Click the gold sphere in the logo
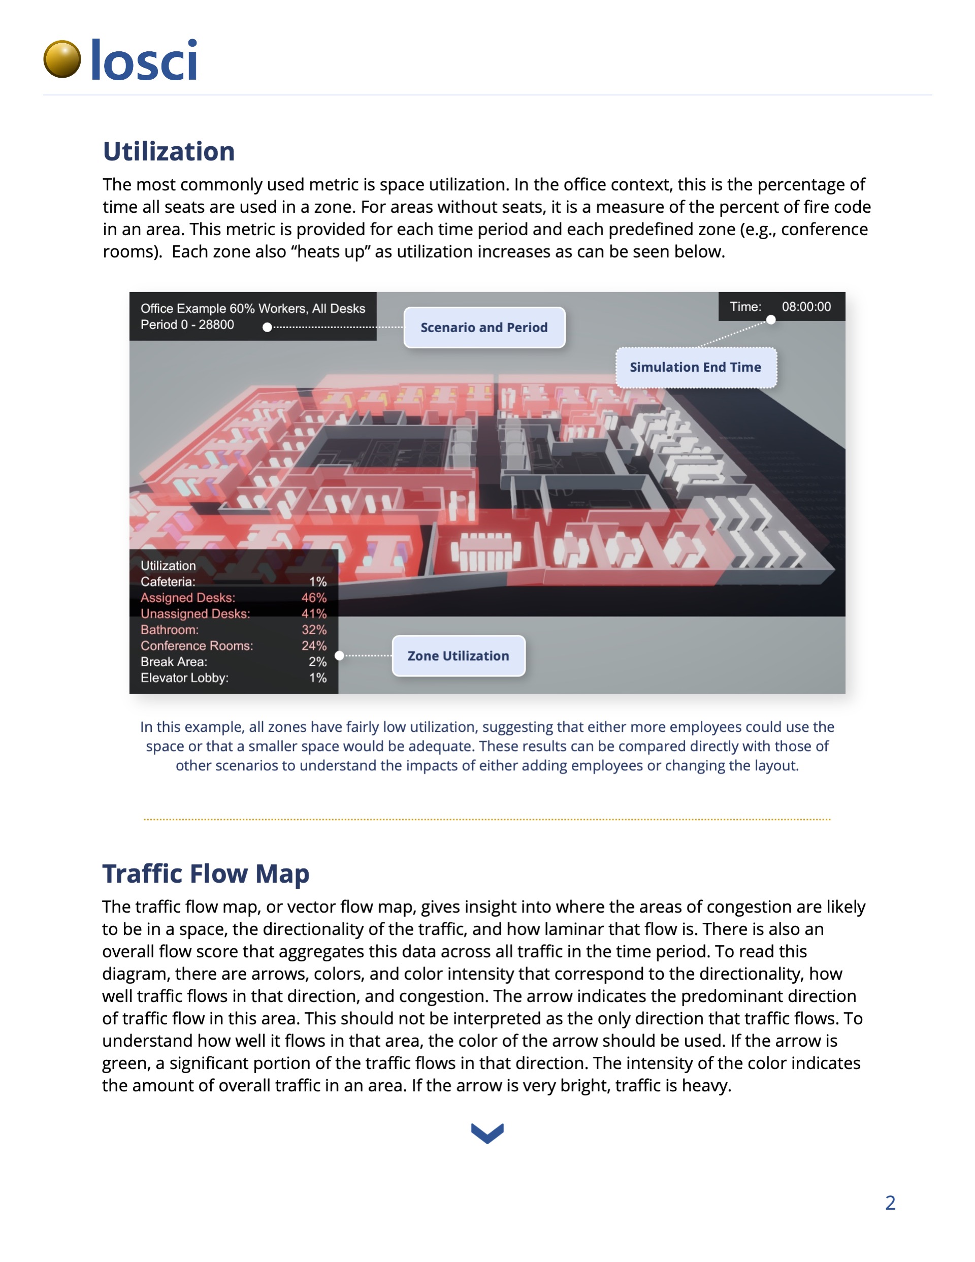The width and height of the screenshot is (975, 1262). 62,59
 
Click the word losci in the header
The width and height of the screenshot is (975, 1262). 144,60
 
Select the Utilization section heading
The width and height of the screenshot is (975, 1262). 169,151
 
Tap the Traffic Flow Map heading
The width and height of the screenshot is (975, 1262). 206,873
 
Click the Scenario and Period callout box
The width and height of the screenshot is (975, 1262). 484,328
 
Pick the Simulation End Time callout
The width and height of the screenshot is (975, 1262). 695,368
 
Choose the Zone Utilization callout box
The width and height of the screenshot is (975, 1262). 459,656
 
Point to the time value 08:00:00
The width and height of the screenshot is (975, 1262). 806,307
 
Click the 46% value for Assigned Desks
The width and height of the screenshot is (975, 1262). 314,598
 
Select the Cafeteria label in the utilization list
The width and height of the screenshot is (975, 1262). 168,581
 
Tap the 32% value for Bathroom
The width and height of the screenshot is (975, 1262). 314,630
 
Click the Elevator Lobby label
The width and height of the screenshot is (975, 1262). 184,678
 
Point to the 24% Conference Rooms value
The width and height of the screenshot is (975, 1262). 314,645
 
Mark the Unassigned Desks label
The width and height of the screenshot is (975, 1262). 196,613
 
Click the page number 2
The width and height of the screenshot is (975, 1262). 890,1203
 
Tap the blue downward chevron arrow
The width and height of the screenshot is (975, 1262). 487,1133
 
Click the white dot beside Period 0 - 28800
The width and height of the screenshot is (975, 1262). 267,328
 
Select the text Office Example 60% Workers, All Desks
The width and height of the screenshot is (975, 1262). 252,309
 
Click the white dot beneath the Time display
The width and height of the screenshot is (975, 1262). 770,320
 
